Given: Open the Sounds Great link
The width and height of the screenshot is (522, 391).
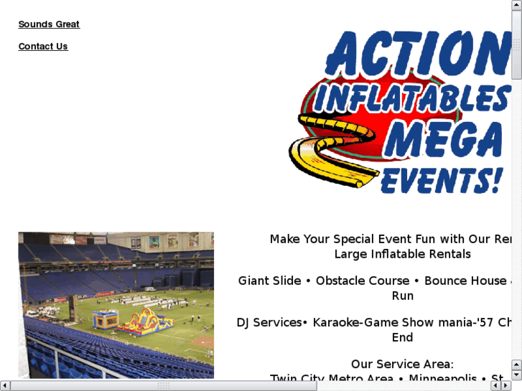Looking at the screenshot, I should pyautogui.click(x=49, y=24).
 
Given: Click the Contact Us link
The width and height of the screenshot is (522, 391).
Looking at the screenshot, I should pyautogui.click(x=43, y=47).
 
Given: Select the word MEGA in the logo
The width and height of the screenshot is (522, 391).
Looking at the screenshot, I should pyautogui.click(x=442, y=140).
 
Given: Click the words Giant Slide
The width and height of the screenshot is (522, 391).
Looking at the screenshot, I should pyautogui.click(x=270, y=281).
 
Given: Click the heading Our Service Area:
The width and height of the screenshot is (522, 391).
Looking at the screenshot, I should pyautogui.click(x=402, y=364).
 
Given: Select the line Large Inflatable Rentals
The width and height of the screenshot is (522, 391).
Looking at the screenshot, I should pyautogui.click(x=402, y=254).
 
